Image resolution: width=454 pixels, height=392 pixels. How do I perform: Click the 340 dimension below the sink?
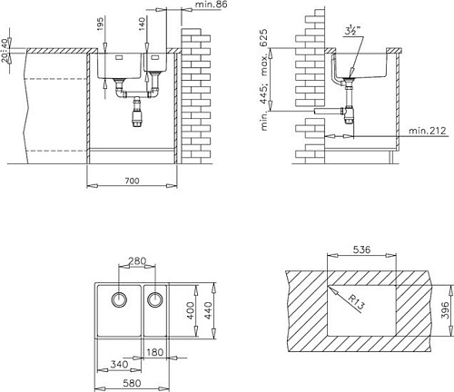(117, 364)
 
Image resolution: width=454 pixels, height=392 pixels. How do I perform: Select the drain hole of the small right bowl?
(154, 299)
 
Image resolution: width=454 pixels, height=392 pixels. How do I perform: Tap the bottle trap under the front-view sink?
(138, 113)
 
